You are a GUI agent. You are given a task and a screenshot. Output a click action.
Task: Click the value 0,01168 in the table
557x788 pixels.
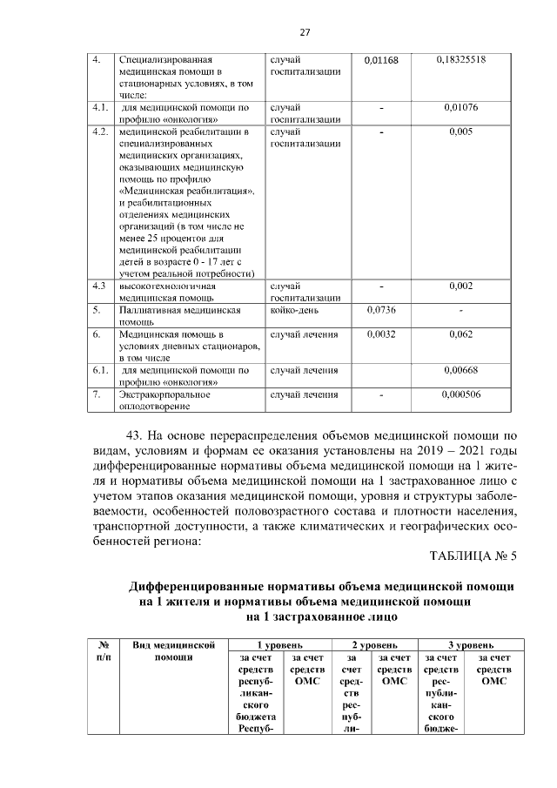click(381, 60)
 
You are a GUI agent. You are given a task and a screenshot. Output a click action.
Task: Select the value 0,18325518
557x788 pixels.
click(460, 60)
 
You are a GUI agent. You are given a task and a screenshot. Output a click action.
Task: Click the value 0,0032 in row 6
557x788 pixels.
click(381, 333)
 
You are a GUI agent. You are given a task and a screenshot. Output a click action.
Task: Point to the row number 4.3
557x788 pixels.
click(99, 286)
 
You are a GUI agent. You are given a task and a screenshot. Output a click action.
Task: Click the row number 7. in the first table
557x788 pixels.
click(97, 394)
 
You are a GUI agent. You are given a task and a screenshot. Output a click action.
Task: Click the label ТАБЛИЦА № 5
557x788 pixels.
click(473, 556)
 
